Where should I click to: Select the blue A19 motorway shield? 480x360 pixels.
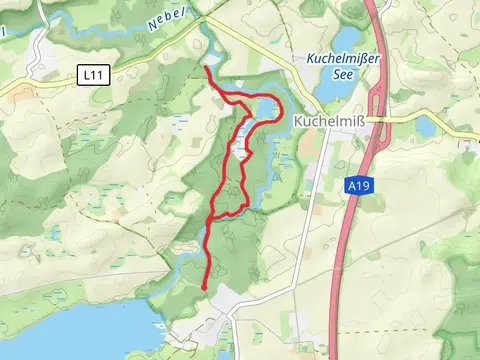click(x=361, y=186)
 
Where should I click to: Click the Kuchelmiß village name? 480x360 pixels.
click(x=330, y=121)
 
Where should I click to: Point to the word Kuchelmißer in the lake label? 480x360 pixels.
click(x=342, y=60)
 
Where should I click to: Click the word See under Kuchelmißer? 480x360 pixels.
click(x=342, y=76)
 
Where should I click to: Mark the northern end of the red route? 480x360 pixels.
click(x=206, y=69)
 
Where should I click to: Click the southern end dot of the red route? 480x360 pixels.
click(x=204, y=287)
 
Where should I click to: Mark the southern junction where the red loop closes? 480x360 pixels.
click(x=211, y=218)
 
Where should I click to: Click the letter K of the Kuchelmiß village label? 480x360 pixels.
click(x=298, y=121)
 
